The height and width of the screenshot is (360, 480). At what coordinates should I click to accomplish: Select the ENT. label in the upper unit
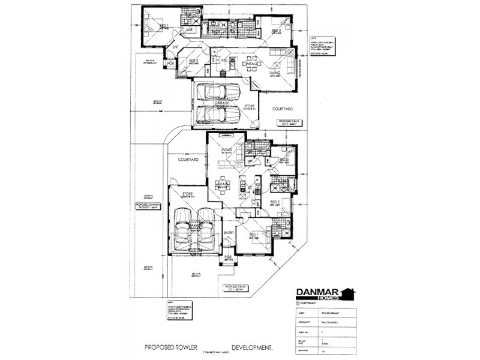coord(176,47)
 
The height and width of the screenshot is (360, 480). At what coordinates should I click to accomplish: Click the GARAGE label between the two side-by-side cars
coord(213,103)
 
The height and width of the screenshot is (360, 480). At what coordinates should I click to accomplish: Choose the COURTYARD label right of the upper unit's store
coord(281,109)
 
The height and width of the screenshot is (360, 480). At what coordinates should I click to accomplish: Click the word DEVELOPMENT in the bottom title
coord(248,347)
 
